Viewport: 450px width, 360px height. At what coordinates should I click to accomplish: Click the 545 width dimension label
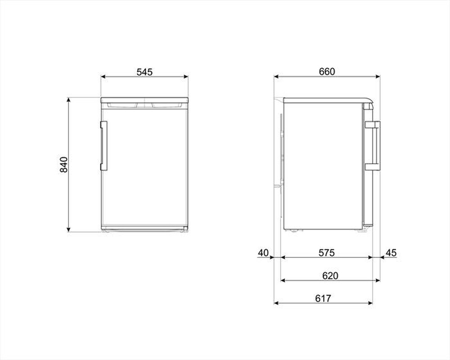(x=145, y=71)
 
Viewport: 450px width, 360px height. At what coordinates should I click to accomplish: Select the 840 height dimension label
(x=63, y=165)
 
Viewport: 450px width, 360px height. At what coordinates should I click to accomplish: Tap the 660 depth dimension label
(x=327, y=71)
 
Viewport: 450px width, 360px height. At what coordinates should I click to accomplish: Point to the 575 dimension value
(x=327, y=253)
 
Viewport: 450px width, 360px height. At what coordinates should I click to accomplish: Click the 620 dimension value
(x=330, y=275)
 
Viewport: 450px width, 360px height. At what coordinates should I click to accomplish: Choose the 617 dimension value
(x=323, y=298)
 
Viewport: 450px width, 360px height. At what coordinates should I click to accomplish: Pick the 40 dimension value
(x=263, y=253)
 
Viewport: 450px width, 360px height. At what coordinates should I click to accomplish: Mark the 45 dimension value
(x=391, y=253)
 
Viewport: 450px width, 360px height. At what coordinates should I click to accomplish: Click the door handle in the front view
(x=104, y=146)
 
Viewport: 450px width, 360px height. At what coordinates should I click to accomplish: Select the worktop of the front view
(x=144, y=99)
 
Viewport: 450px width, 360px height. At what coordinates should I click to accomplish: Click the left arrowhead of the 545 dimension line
(x=103, y=77)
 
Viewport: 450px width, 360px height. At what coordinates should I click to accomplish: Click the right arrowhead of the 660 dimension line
(x=378, y=77)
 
